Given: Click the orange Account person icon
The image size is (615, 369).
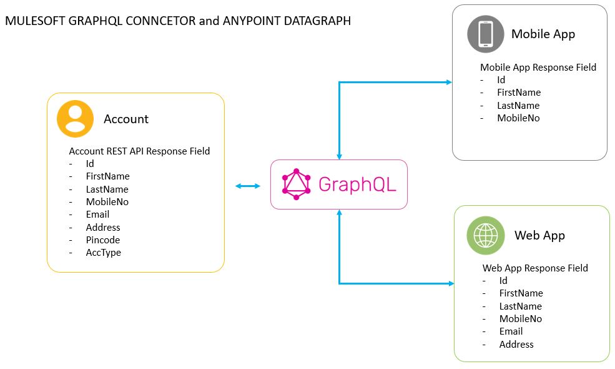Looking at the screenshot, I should (x=75, y=118).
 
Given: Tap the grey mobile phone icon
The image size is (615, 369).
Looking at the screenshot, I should (x=485, y=34).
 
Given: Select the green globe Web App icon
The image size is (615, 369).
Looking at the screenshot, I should (x=486, y=235).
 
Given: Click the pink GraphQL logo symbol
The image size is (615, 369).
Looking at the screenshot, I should (x=296, y=184).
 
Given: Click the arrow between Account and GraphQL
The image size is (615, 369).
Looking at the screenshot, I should (x=248, y=186).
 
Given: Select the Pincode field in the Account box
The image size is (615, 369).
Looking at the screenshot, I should (x=103, y=240).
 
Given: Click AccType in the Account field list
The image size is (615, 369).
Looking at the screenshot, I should (x=104, y=253).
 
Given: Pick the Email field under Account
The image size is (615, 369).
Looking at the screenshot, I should (x=97, y=215).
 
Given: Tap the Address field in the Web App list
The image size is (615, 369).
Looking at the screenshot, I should (x=516, y=344).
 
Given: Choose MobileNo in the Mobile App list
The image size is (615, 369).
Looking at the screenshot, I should (x=518, y=118).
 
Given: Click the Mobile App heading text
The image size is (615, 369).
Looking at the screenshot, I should (x=543, y=34).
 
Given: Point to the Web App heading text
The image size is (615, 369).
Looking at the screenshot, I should (x=539, y=236).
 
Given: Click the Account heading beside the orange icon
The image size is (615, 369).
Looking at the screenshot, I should (x=126, y=119).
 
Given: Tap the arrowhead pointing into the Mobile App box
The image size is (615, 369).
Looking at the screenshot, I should (x=448, y=82).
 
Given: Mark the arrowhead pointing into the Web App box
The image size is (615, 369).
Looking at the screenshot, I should (x=451, y=283).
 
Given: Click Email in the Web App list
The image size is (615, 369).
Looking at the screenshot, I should (x=511, y=331).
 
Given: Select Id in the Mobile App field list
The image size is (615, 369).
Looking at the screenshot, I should (x=501, y=80).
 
